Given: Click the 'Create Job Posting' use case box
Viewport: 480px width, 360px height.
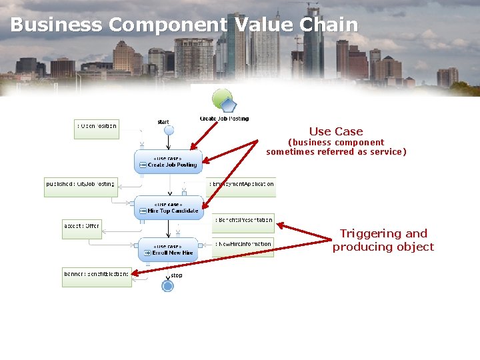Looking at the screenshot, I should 168,161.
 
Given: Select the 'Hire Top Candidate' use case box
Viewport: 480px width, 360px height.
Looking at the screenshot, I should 168,207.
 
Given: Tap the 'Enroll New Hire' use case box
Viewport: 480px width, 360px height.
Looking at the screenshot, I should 168,249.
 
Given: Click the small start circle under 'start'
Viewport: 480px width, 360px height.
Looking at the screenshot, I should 169,131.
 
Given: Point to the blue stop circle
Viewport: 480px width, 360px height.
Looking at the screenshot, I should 167,286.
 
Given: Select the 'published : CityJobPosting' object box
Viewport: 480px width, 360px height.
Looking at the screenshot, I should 81,187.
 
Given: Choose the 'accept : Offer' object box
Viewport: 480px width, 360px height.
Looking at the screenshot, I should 82,229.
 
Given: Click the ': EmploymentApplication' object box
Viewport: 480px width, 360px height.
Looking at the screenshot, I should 242,187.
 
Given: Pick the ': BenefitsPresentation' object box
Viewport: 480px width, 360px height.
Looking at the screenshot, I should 243,223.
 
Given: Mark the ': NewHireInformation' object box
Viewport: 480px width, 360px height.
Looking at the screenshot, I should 243,247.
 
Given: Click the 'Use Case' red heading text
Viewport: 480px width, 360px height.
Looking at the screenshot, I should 336,131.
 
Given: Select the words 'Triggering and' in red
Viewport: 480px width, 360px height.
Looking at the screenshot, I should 383,233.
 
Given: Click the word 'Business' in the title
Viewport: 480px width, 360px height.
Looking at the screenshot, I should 56,25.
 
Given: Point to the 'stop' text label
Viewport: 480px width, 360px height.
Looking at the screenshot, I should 177,275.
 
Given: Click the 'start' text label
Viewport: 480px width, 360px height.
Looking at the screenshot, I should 163,121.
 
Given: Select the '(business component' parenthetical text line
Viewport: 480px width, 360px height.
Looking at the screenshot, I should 336,142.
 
